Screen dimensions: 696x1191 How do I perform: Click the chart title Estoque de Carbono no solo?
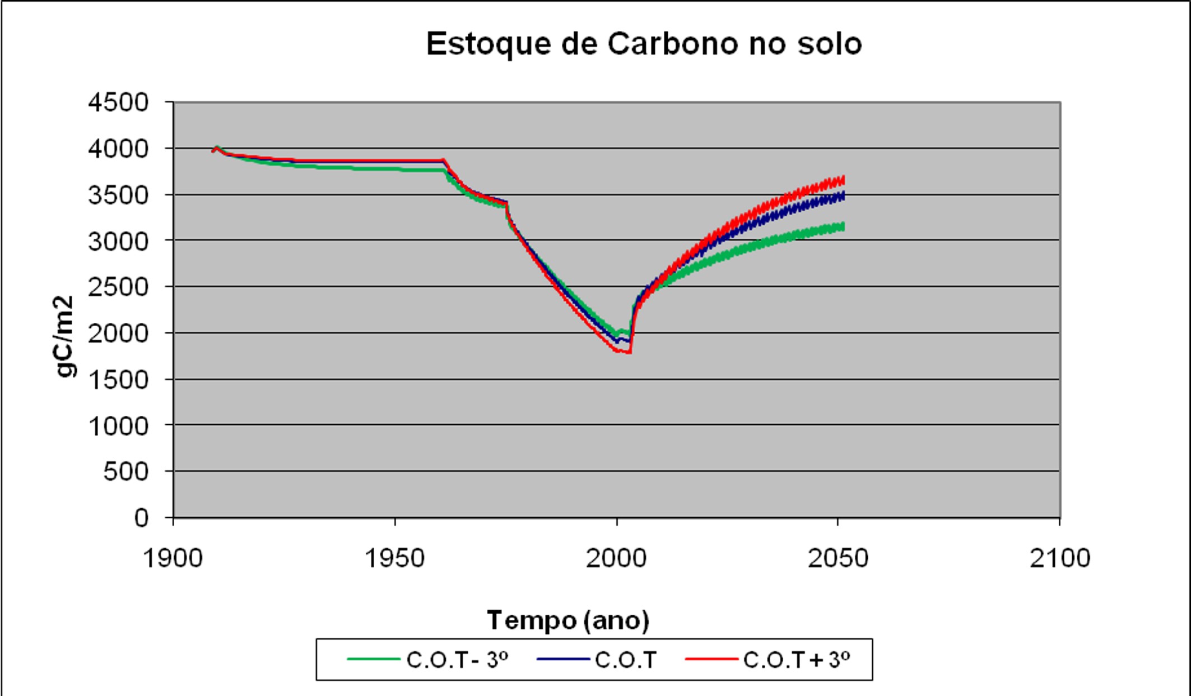pos(644,44)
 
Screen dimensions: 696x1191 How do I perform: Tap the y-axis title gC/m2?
pos(65,336)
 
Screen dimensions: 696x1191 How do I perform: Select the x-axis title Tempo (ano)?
pos(568,620)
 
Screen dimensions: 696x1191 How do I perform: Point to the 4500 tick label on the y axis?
pos(118,103)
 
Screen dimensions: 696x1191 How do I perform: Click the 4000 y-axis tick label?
pos(118,149)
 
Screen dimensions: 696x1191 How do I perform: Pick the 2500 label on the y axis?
pos(118,287)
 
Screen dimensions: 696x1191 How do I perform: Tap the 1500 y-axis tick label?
pos(118,380)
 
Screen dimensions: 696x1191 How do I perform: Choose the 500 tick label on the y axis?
pos(125,472)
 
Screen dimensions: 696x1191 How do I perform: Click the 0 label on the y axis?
pos(141,518)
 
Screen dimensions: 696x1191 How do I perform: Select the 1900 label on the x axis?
pos(173,559)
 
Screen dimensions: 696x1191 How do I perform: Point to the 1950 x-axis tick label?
pos(394,559)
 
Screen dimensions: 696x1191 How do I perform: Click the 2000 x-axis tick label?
pos(616,559)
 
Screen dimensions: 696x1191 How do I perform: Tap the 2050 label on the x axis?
pos(838,559)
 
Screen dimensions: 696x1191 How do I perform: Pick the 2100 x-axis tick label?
pos(1060,559)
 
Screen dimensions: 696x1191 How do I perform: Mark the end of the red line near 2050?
pos(843,180)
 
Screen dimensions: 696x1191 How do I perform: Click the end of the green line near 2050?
pos(843,226)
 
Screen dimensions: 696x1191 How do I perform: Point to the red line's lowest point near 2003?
pos(629,352)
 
